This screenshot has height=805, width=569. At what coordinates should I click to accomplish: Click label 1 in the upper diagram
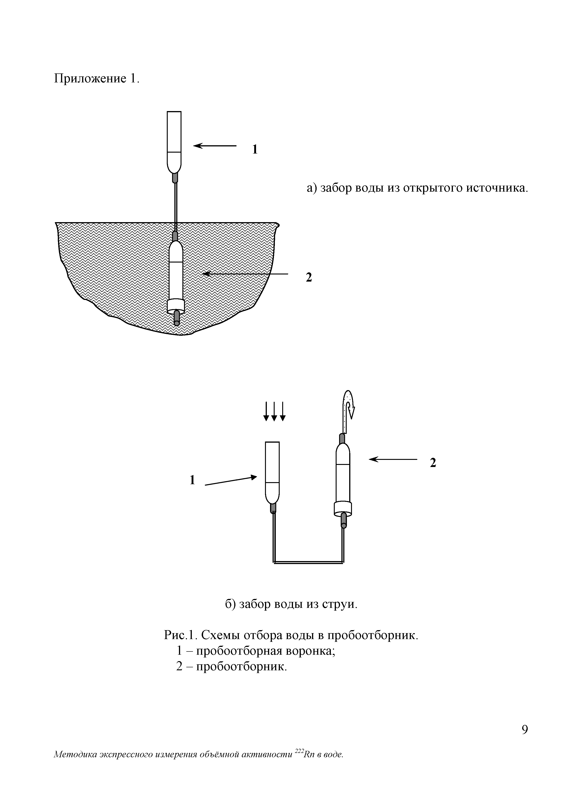point(255,150)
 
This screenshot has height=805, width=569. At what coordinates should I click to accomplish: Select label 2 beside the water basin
point(309,277)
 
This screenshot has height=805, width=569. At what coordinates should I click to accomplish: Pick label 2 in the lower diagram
point(433,463)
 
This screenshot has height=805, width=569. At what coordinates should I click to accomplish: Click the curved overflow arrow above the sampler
point(349,407)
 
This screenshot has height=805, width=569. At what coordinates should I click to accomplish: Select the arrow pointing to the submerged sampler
point(245,274)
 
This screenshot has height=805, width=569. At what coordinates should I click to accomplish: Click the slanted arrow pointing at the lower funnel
point(230,481)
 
